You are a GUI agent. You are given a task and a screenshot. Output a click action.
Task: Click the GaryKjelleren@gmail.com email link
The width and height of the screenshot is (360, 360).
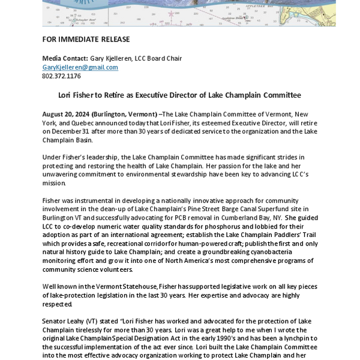click(80, 67)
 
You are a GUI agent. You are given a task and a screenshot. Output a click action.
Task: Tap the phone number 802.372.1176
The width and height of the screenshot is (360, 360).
click(61, 76)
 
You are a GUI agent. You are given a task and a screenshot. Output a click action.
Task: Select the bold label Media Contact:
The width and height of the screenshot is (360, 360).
click(65, 58)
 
